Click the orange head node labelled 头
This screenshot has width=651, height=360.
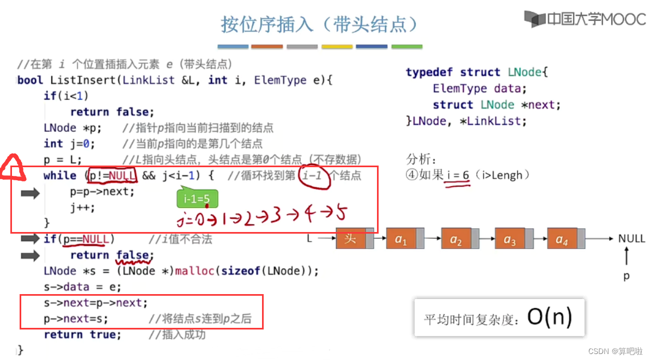[x=352, y=239]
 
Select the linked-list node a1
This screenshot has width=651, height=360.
[x=401, y=239]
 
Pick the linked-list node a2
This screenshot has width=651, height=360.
[x=455, y=239]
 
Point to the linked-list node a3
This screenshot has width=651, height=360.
[x=510, y=239]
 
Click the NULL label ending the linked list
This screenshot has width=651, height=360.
[x=631, y=239]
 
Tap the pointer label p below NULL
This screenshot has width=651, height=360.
[x=626, y=276]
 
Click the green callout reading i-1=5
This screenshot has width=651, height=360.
[x=197, y=199]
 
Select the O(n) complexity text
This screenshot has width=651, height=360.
[x=549, y=318]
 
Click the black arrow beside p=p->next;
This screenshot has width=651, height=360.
[x=30, y=193]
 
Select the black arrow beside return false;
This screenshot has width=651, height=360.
[x=30, y=255]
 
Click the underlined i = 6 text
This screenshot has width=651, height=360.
[x=458, y=175]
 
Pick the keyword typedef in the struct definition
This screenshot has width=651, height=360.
[x=430, y=72]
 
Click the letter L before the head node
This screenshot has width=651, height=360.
[x=309, y=239]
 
